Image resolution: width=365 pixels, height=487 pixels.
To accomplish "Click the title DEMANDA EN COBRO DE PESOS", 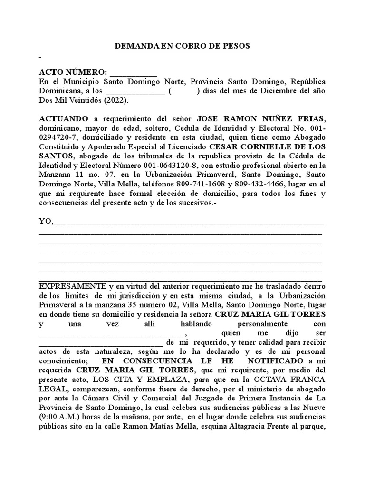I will click(182, 46).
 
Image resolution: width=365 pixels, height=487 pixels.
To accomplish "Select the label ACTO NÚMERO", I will click(73, 72).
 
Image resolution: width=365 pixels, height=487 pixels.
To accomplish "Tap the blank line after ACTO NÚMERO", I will click(133, 73).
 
